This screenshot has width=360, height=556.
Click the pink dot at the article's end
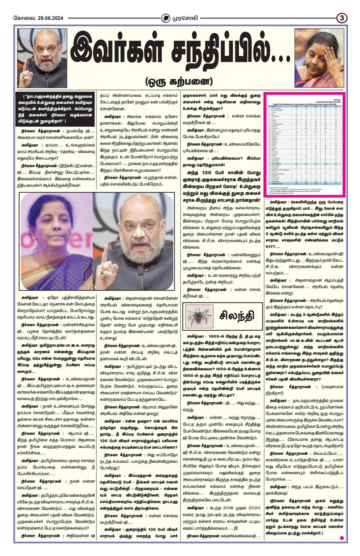(x=342, y=538)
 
